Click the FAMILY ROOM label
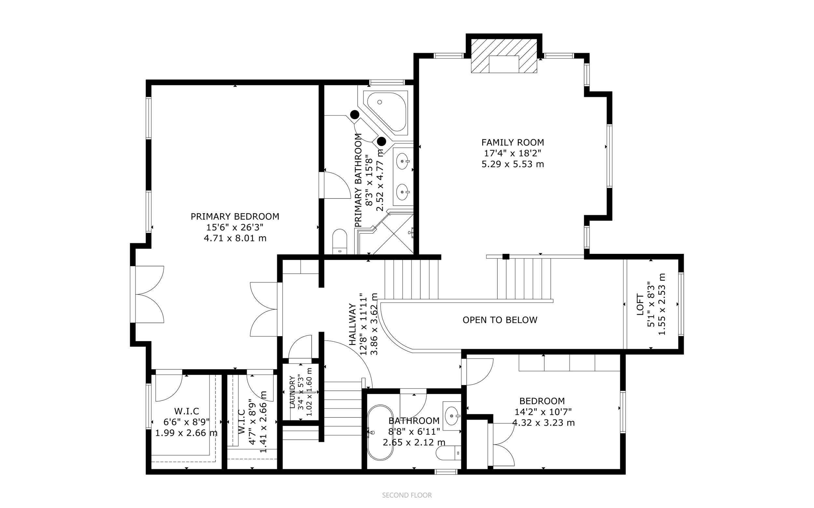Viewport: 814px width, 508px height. tap(512, 143)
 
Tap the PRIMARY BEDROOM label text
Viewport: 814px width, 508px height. tap(235, 217)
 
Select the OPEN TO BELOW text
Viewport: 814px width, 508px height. tap(500, 320)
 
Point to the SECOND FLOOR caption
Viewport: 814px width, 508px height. tap(407, 495)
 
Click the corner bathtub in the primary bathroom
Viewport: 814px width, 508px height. tap(386, 111)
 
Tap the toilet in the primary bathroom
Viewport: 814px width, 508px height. tap(340, 241)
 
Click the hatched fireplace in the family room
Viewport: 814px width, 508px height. tap(504, 56)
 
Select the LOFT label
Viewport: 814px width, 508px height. tap(640, 305)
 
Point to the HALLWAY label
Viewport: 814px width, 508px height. tap(352, 324)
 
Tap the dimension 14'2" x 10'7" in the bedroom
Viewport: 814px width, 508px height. tap(543, 412)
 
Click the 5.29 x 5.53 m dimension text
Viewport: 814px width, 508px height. tap(512, 164)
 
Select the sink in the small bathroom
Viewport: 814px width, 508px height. tap(452, 416)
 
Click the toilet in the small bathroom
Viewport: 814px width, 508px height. tap(449, 453)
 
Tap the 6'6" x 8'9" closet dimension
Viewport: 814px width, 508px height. tap(187, 422)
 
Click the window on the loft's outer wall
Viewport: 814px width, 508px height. tap(681, 304)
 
